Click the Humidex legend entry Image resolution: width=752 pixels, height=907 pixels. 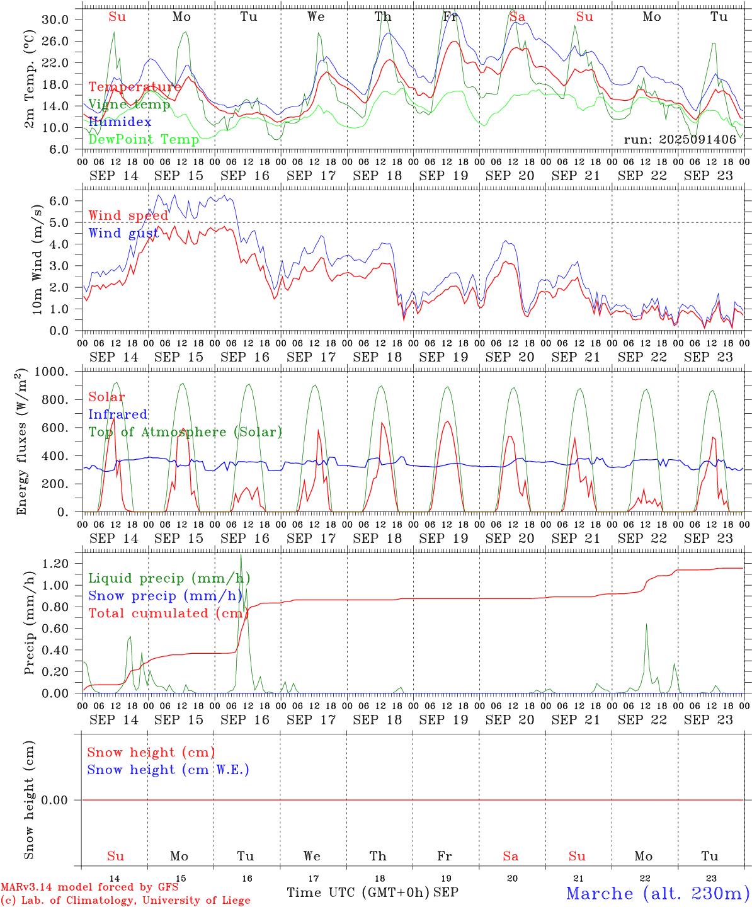pos(120,122)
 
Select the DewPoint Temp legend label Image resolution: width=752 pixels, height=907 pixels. pos(144,139)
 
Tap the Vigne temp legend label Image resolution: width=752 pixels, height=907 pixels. pos(129,105)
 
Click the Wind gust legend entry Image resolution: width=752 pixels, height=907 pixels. pos(123,233)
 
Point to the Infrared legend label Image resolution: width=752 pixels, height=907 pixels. pos(118,414)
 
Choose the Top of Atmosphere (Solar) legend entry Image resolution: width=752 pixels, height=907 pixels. pos(185,432)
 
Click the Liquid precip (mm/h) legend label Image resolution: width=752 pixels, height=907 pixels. pos(169,578)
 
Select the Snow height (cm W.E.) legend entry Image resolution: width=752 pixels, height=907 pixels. pos(168,770)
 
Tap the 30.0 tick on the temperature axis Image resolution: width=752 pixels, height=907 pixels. pos(55,20)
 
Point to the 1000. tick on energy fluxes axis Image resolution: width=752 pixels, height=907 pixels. pos(52,372)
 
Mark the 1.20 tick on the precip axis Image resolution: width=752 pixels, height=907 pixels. pos(55,564)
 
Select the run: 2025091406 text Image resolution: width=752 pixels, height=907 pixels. pos(680,139)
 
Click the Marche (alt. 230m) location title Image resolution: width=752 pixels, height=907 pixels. pos(658,893)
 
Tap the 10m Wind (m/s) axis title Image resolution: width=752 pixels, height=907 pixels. pos(37,260)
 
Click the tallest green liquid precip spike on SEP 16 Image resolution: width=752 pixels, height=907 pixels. pos(241,556)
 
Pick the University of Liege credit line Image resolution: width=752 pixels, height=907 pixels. pos(125,900)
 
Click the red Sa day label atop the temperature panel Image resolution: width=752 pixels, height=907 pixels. pos(517,17)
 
